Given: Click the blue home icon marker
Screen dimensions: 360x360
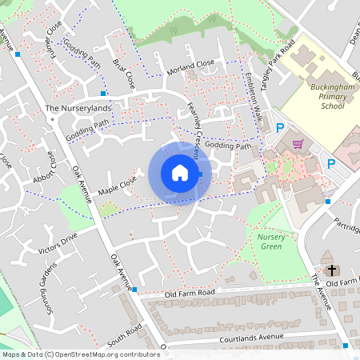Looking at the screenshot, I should (x=180, y=174).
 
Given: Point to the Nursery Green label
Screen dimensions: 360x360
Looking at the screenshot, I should (x=272, y=242).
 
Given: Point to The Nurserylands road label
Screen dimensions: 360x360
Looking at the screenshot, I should (x=78, y=108).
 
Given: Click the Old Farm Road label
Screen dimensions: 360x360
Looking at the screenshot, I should (x=192, y=294).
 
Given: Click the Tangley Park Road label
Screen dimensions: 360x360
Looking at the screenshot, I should (x=279, y=57).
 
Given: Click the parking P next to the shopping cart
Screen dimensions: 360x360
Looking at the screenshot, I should (x=280, y=128).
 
